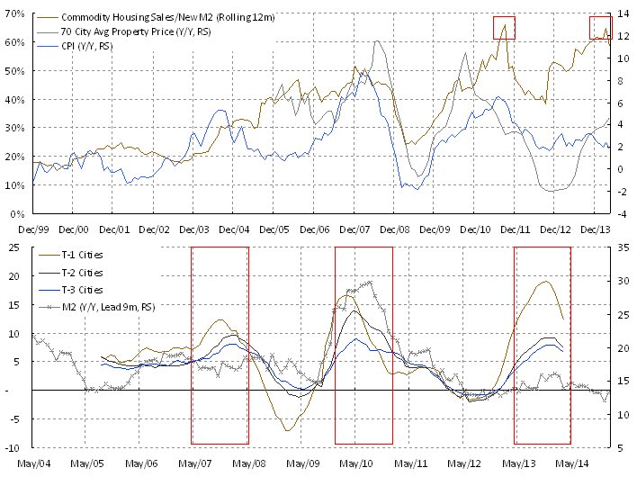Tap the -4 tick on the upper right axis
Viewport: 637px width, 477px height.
pos(621,213)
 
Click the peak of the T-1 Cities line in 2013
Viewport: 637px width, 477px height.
pos(546,282)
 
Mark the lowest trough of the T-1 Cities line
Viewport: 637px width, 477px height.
pos(289,430)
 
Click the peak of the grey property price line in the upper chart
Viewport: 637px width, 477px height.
pos(376,41)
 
